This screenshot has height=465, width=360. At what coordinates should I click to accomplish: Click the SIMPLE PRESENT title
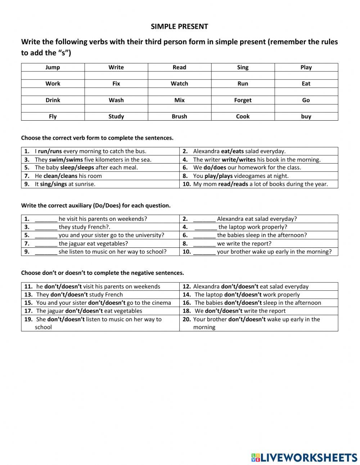[x=179, y=26]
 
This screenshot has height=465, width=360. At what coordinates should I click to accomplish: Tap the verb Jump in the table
[x=53, y=67]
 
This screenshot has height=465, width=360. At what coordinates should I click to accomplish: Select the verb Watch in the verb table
[x=179, y=84]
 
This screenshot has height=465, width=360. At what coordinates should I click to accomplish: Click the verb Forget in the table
[x=243, y=100]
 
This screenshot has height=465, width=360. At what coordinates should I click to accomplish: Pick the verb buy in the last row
[x=306, y=116]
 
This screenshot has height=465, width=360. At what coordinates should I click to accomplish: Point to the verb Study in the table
[x=116, y=116]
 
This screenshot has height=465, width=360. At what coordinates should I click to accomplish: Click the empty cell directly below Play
[x=306, y=75]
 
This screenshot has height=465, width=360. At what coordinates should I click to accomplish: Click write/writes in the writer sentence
[x=239, y=160]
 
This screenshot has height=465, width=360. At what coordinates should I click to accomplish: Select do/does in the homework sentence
[x=212, y=167]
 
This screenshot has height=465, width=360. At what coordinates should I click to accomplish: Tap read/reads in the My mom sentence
[x=233, y=184]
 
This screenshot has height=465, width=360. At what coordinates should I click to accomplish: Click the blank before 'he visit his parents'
[x=46, y=219]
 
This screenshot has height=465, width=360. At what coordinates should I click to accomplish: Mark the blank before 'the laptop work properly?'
[x=206, y=227]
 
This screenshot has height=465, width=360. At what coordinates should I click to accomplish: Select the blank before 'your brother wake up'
[x=204, y=252]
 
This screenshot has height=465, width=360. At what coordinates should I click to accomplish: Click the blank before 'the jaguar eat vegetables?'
[x=46, y=243]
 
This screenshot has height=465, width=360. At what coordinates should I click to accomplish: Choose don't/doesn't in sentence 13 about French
[x=69, y=295]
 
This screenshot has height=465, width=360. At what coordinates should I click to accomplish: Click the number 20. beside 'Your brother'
[x=186, y=319]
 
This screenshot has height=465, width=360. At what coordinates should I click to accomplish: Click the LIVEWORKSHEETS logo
[x=304, y=457]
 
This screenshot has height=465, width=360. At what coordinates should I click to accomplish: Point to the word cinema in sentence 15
[x=161, y=303]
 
